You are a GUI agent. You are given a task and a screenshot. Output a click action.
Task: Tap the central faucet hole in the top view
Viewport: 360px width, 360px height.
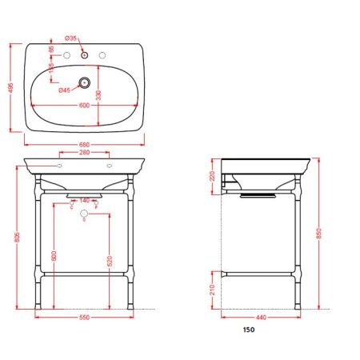point(86,54)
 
